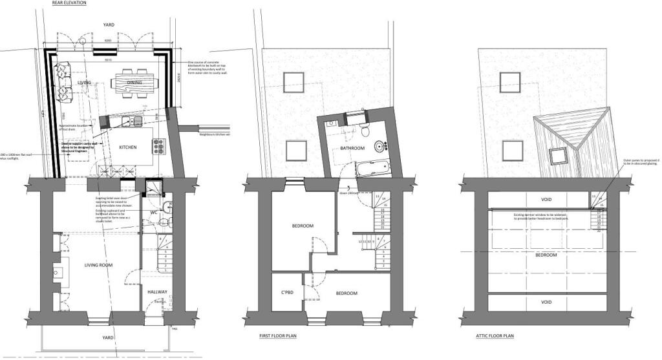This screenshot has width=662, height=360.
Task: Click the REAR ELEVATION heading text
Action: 69,3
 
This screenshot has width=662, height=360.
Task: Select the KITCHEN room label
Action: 128,148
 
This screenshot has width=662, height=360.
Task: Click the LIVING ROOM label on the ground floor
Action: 98,265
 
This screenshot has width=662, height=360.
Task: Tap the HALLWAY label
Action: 157,292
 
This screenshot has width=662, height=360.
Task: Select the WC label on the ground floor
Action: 154,212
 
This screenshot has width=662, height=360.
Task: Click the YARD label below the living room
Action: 108,337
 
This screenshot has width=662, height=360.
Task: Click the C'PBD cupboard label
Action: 288,293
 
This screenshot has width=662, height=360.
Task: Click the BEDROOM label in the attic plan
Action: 546,255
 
